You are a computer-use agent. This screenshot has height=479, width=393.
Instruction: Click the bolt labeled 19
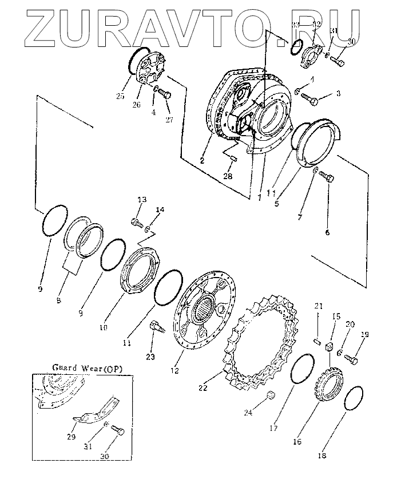(351, 359)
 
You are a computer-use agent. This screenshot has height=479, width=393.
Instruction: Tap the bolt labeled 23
(156, 329)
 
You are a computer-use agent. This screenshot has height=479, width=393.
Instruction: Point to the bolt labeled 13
(136, 220)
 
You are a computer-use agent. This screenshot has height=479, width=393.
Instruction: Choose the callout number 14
(160, 210)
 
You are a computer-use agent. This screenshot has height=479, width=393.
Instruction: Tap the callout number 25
(120, 97)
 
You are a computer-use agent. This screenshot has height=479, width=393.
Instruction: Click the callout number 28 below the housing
(228, 176)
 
